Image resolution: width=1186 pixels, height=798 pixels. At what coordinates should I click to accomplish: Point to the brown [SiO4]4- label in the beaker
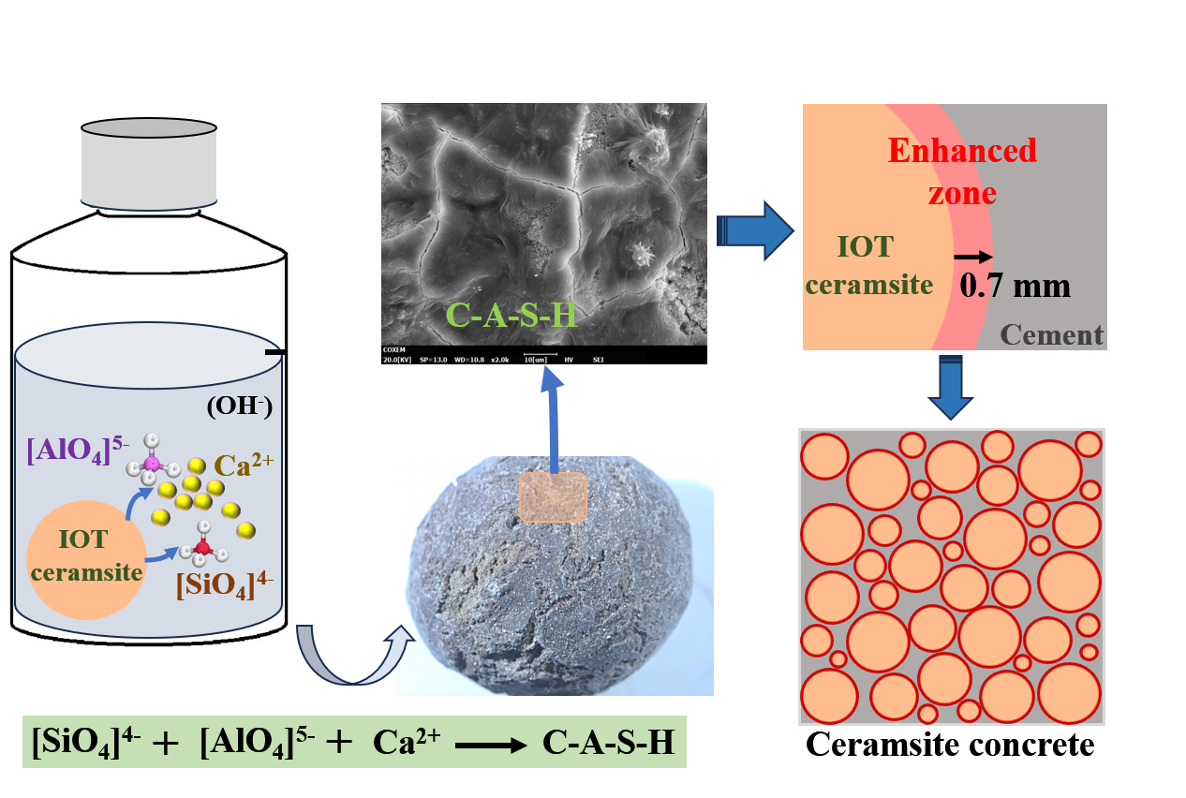(225, 586)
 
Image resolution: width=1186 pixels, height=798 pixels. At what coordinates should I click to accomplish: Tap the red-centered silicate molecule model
(201, 545)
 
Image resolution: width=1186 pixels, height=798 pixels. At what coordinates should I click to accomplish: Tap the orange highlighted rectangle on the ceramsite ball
(553, 496)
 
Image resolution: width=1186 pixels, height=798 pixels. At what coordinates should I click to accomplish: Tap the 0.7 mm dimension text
(1015, 285)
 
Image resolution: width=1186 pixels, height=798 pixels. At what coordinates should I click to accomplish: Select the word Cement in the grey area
(1051, 334)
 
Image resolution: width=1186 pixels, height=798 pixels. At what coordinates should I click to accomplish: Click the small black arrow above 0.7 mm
(972, 255)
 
